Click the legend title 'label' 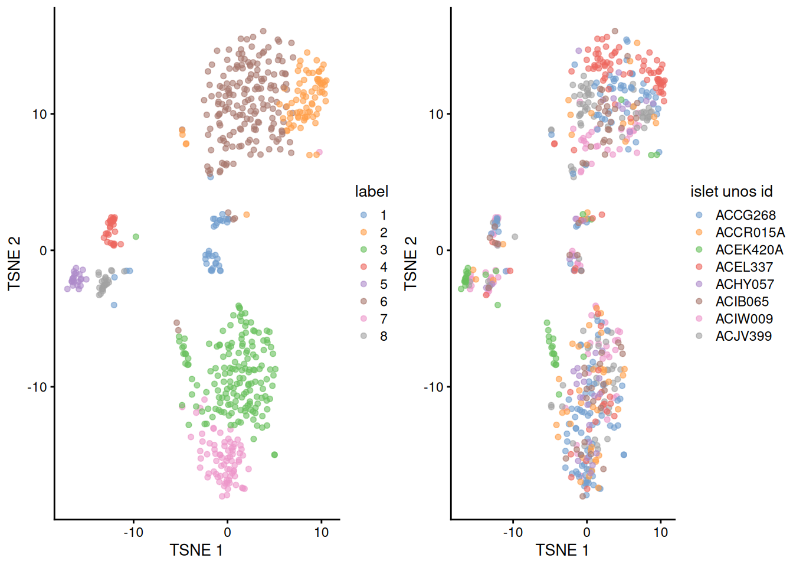(371, 191)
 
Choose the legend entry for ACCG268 (745, 215)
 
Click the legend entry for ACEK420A (749, 250)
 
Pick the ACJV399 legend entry (743, 336)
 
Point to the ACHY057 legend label (745, 284)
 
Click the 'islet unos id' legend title (731, 191)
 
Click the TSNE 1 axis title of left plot (196, 550)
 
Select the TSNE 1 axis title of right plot (562, 550)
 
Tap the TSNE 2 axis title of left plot (14, 263)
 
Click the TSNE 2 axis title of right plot (411, 263)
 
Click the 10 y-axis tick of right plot (435, 114)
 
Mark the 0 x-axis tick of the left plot (227, 532)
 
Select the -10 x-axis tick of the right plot (512, 532)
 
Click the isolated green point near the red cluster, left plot (136, 237)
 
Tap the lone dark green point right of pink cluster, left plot (274, 455)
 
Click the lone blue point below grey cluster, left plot (114, 305)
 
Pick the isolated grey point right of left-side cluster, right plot (515, 237)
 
